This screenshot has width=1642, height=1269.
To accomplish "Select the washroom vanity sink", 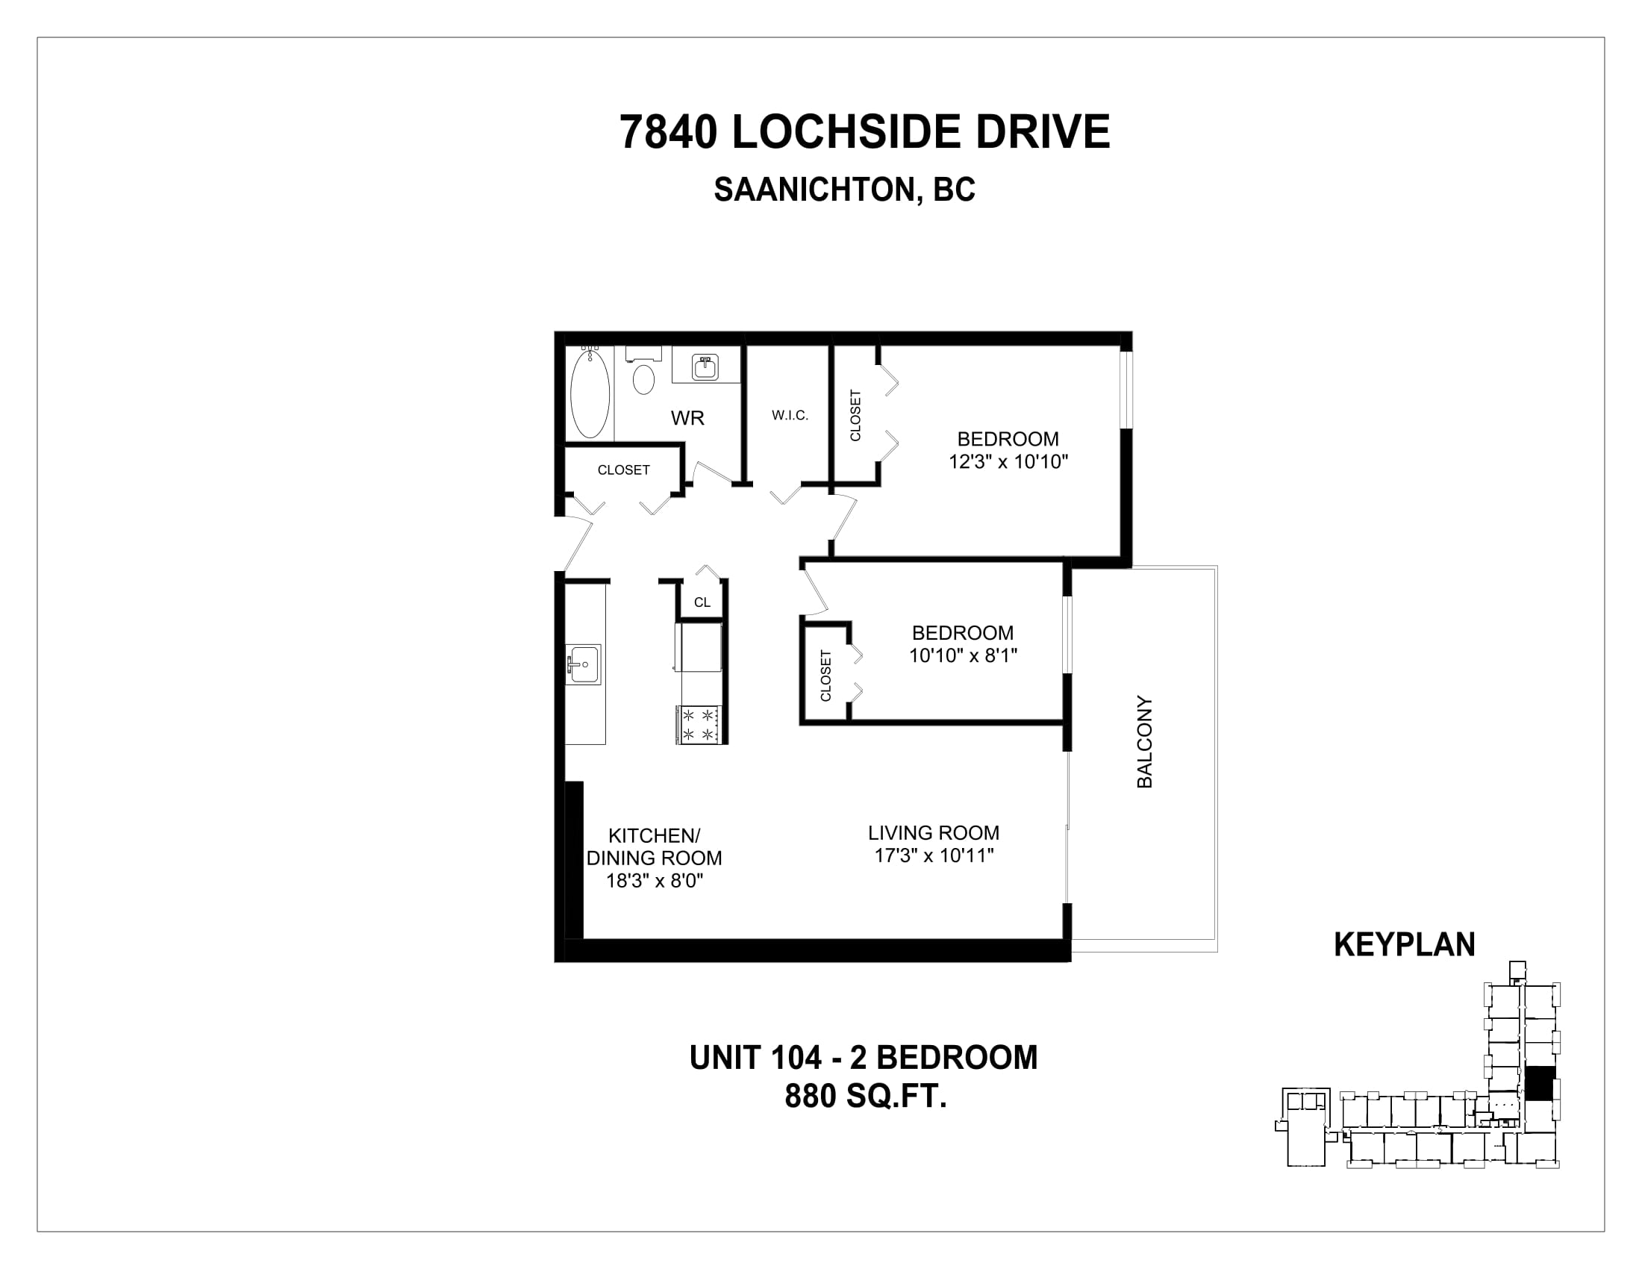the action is (x=705, y=367).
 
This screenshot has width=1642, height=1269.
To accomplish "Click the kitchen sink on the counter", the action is (x=584, y=664).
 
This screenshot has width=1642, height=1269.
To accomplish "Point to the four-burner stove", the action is (x=700, y=725).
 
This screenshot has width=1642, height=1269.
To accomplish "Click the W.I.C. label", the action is (x=790, y=415).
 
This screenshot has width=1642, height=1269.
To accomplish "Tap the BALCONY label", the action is (x=1144, y=741).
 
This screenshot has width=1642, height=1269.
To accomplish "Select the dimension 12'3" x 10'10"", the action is (x=1008, y=461).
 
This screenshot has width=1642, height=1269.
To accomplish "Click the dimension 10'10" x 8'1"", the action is (x=963, y=655).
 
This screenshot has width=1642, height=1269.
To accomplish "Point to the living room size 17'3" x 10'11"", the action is (x=934, y=855).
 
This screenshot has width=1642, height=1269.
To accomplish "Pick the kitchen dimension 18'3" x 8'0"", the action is (x=654, y=880).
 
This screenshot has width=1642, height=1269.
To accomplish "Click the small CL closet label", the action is (x=702, y=602).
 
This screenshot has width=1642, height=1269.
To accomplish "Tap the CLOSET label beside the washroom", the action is (x=623, y=470).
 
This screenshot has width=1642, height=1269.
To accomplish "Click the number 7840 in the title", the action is (x=668, y=132).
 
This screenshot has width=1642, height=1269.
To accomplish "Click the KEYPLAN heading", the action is (x=1405, y=945).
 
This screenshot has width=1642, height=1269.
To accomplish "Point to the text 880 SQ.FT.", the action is (x=865, y=1096).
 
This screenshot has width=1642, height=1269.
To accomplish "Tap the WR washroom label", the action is (x=687, y=418).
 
